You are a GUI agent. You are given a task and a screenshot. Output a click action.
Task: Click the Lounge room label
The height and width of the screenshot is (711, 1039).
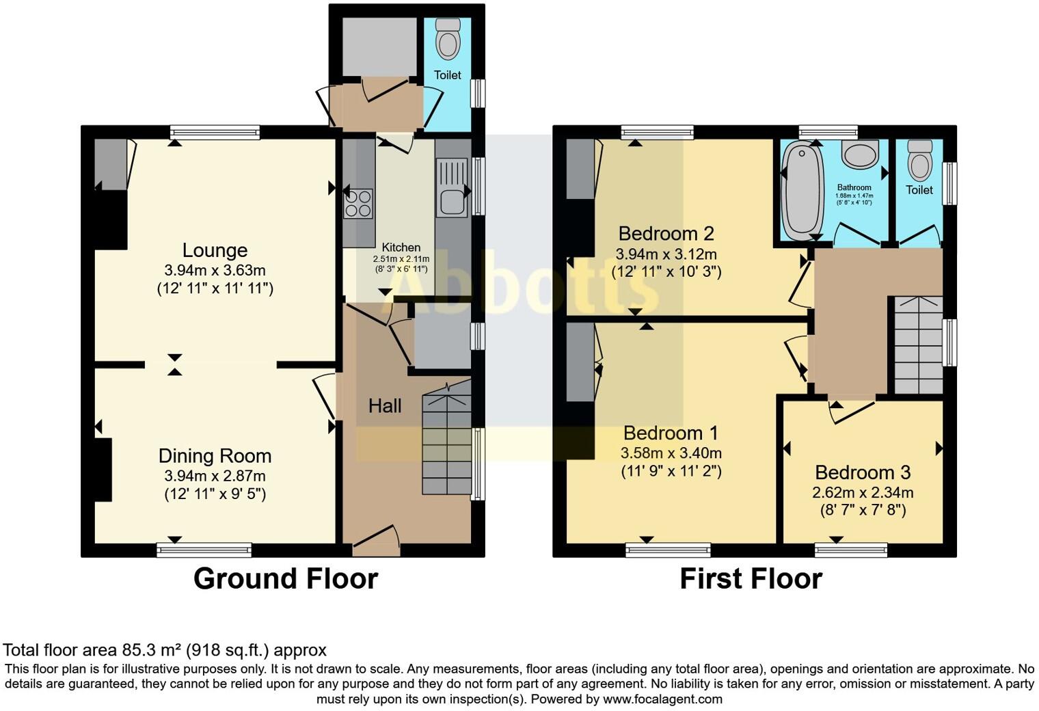pos(215,250)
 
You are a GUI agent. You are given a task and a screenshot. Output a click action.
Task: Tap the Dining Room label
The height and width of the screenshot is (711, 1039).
pos(215,456)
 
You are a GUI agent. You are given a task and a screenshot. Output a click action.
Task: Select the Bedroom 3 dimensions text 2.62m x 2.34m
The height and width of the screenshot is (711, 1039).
pos(863,492)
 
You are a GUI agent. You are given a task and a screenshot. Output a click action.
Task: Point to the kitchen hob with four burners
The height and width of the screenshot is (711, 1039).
pos(359,203)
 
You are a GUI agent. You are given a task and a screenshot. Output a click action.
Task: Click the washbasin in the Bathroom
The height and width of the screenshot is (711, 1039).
pos(860,155)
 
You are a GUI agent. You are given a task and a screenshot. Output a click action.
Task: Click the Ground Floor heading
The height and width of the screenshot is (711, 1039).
pos(285,578)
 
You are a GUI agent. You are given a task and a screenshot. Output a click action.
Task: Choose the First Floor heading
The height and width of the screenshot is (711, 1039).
pos(751,578)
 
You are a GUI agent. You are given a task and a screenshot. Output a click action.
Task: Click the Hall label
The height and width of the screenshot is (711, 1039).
pos(385,406)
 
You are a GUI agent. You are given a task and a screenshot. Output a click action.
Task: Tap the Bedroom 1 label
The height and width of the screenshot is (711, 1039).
pos(671,433)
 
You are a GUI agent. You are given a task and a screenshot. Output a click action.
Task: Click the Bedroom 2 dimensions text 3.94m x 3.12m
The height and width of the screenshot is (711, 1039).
pos(666,254)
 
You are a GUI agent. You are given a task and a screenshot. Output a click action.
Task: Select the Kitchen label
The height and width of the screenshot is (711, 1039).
pos(401,247)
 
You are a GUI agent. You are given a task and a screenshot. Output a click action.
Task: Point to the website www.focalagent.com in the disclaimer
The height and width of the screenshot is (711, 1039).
pos(662,699)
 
